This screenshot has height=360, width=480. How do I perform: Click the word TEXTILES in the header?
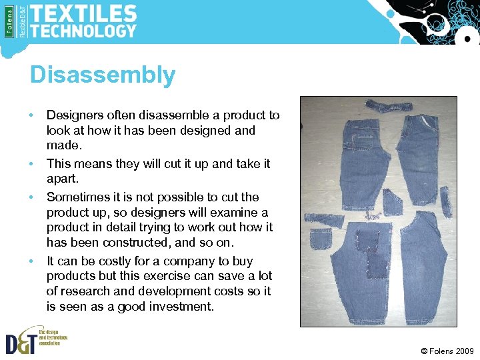[x=83, y=13]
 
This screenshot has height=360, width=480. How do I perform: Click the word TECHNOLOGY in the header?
[x=83, y=31]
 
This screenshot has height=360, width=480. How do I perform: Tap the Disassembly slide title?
[x=102, y=75]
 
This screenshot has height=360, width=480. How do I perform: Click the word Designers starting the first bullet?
[x=74, y=115]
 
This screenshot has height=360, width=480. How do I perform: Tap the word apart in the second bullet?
[x=62, y=179]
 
